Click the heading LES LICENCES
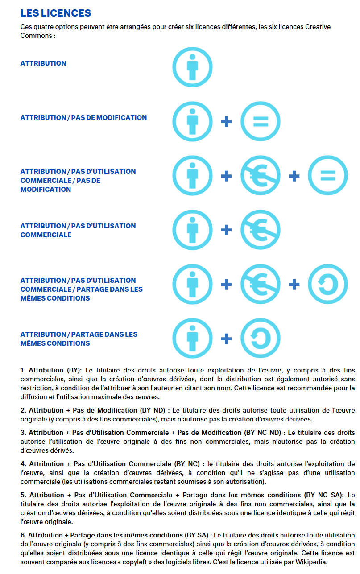click(56, 13)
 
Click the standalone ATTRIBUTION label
click(43, 63)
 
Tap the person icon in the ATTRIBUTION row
click(193, 67)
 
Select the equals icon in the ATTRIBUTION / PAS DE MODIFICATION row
click(261, 121)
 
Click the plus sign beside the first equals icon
click(227, 121)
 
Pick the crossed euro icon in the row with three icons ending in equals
click(261, 176)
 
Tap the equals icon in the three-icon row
click(328, 176)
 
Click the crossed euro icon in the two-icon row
click(261, 230)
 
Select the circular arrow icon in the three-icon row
click(328, 284)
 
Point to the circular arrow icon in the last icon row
click(261, 339)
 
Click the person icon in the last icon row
click(193, 339)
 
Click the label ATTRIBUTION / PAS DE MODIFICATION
click(83, 118)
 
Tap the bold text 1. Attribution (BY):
click(51, 370)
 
